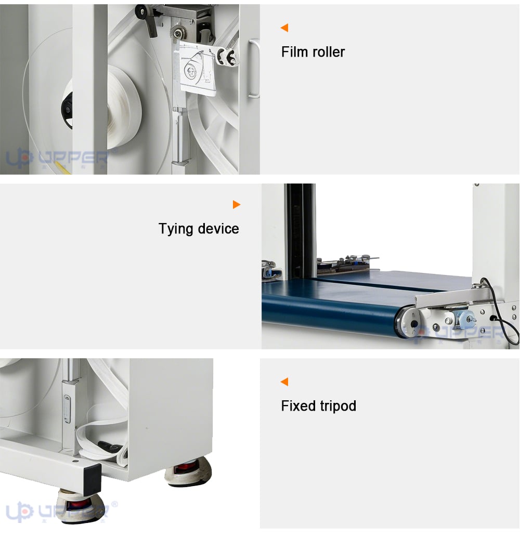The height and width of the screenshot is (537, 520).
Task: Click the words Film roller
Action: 313,52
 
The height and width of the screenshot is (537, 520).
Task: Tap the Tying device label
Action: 199,229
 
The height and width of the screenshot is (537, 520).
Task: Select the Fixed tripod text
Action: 319,406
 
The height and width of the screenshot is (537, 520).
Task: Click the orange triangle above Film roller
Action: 284,28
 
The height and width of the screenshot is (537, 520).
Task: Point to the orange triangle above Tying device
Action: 237,204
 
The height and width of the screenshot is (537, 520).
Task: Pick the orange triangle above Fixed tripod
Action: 284,382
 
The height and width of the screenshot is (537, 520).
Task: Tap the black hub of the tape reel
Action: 68,110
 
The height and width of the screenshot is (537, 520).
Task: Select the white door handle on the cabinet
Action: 254,69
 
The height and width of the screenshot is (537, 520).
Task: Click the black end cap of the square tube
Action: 93,479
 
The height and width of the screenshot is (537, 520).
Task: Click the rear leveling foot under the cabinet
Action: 188,473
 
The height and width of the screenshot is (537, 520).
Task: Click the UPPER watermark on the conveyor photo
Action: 456,333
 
